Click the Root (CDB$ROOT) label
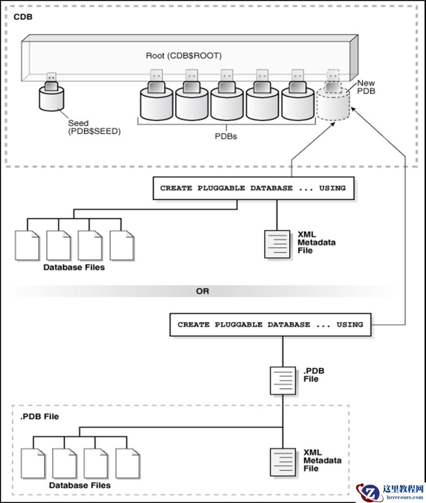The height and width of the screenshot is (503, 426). tap(183, 56)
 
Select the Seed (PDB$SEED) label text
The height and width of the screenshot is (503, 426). tap(94, 127)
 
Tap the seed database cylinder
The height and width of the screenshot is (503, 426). tap(51, 99)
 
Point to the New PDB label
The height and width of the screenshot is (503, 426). tap(366, 87)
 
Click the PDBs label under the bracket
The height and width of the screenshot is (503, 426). tap(225, 136)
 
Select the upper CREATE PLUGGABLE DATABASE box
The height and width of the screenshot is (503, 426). tap(253, 188)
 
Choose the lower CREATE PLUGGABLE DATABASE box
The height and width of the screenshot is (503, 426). tap(270, 325)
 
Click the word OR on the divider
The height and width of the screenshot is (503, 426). tap(202, 291)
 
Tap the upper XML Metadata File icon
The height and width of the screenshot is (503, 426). tap(278, 244)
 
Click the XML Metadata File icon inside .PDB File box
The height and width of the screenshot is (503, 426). tap(283, 461)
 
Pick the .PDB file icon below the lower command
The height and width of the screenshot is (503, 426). tap(283, 380)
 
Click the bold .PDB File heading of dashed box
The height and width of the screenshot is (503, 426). tap(39, 417)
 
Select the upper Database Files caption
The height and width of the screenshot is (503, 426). tap(74, 268)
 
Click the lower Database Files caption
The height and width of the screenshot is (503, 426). tap(79, 485)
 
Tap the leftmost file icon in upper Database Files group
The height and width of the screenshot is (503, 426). tap(27, 245)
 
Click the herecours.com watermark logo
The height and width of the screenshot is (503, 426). tap(390, 492)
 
